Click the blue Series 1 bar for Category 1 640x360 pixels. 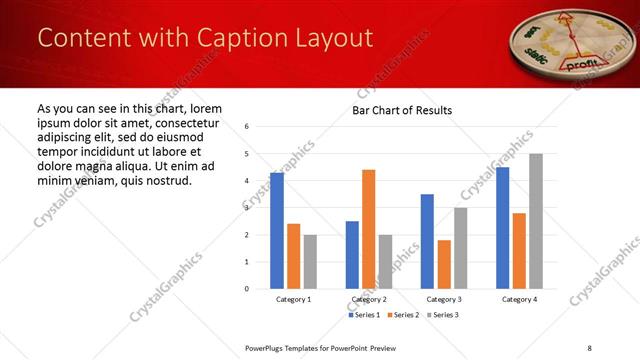point(277,231)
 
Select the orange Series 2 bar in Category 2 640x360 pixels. point(369,229)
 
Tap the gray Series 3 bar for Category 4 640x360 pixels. point(536,221)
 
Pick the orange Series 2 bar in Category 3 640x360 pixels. point(444,264)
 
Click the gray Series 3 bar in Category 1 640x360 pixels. point(310,261)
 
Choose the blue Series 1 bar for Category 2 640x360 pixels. point(352,255)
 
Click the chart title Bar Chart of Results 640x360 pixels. point(402,110)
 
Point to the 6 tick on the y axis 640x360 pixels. point(247,127)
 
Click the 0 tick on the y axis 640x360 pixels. point(247,289)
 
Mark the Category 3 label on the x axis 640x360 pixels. point(444,299)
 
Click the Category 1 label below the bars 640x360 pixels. point(294,299)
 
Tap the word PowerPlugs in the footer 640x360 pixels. point(268,347)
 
